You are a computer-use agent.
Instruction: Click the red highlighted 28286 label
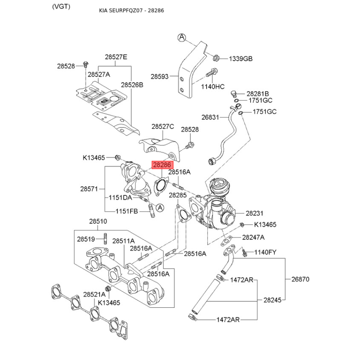coord(162,165)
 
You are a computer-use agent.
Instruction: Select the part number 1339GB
coord(241,59)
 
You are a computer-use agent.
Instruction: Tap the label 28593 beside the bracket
coord(160,76)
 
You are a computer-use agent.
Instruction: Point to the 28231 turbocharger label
coord(254,213)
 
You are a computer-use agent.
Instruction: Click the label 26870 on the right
coord(300,279)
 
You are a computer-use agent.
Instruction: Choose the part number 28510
coord(98,221)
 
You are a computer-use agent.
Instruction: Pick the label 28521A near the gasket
coord(94,294)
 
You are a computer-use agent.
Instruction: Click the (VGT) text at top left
coord(61,6)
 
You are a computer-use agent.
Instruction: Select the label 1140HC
coord(213,86)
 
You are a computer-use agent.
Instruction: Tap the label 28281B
coord(257,94)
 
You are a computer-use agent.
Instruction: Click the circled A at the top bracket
coord(182,37)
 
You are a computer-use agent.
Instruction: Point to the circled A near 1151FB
coord(160,207)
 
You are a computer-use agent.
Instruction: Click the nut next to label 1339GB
coord(216,58)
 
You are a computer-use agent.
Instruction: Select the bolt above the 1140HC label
coord(212,72)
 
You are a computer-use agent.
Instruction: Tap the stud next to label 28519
coord(105,238)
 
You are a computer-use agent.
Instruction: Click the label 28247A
coord(253,237)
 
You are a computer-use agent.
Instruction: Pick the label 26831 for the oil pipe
coord(210,117)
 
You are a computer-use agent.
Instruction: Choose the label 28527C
coord(163,126)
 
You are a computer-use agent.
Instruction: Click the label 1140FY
coord(265,252)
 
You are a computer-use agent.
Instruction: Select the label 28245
coord(272,300)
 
